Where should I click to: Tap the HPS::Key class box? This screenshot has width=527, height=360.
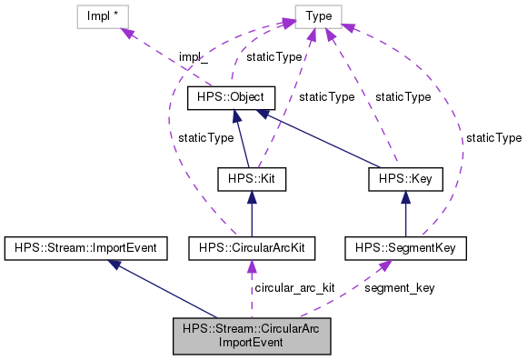tap(405, 179)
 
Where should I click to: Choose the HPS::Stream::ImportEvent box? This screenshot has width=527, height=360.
tap(82, 246)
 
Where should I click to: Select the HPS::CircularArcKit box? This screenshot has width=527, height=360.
tap(251, 246)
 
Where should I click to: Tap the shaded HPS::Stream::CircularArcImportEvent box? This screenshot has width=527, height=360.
tap(252, 335)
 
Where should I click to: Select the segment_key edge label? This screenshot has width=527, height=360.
tap(399, 287)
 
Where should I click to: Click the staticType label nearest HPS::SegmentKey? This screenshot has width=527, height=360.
tap(494, 138)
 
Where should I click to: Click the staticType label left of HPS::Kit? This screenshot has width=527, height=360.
tap(205, 138)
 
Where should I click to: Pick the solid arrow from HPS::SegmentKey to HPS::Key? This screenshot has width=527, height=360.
tap(406, 214)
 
